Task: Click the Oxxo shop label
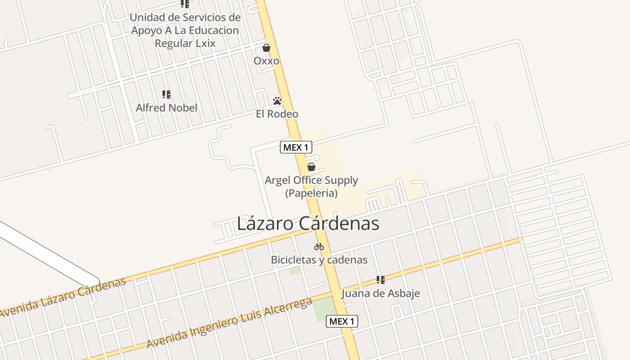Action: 266,61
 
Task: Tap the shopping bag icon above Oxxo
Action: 266,48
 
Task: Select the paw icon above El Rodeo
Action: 277,101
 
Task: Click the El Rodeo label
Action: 277,114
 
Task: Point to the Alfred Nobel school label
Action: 166,108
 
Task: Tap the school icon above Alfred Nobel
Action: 166,94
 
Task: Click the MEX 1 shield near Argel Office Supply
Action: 296,147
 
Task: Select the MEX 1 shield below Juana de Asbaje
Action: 342,321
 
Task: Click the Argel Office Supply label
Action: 311,180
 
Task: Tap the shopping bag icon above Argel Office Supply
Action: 311,167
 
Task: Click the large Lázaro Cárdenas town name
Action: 308,224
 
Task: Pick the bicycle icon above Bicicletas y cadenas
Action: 319,247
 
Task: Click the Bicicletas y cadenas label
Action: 319,260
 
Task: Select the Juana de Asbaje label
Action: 381,293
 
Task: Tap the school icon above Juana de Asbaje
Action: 381,280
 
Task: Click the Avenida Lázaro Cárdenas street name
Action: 63,297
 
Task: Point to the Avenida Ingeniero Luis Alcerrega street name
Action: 229,323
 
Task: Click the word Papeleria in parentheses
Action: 311,193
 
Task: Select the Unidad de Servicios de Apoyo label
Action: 185,31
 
